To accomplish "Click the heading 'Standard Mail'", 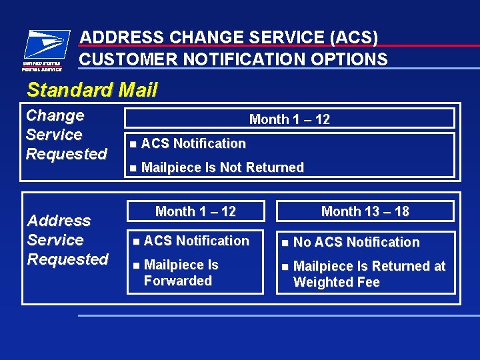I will tap(92, 90).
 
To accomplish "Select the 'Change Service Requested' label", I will tap(66, 135).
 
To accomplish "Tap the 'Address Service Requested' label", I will tap(67, 240).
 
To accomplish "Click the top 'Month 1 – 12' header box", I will tap(289, 119).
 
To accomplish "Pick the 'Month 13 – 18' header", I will tap(365, 211).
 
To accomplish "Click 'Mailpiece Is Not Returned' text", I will tap(222, 167).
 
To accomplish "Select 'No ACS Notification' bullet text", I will tap(356, 242).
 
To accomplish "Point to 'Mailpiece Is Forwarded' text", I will tap(181, 273).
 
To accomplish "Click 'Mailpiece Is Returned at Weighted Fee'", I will tap(369, 274).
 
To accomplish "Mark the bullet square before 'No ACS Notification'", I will tap(285, 243).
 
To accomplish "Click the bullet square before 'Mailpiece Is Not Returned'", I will tap(133, 168).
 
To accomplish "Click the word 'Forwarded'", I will tap(177, 281).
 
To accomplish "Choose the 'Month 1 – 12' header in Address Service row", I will tap(195, 211).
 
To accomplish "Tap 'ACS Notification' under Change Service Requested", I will tap(193, 143).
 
